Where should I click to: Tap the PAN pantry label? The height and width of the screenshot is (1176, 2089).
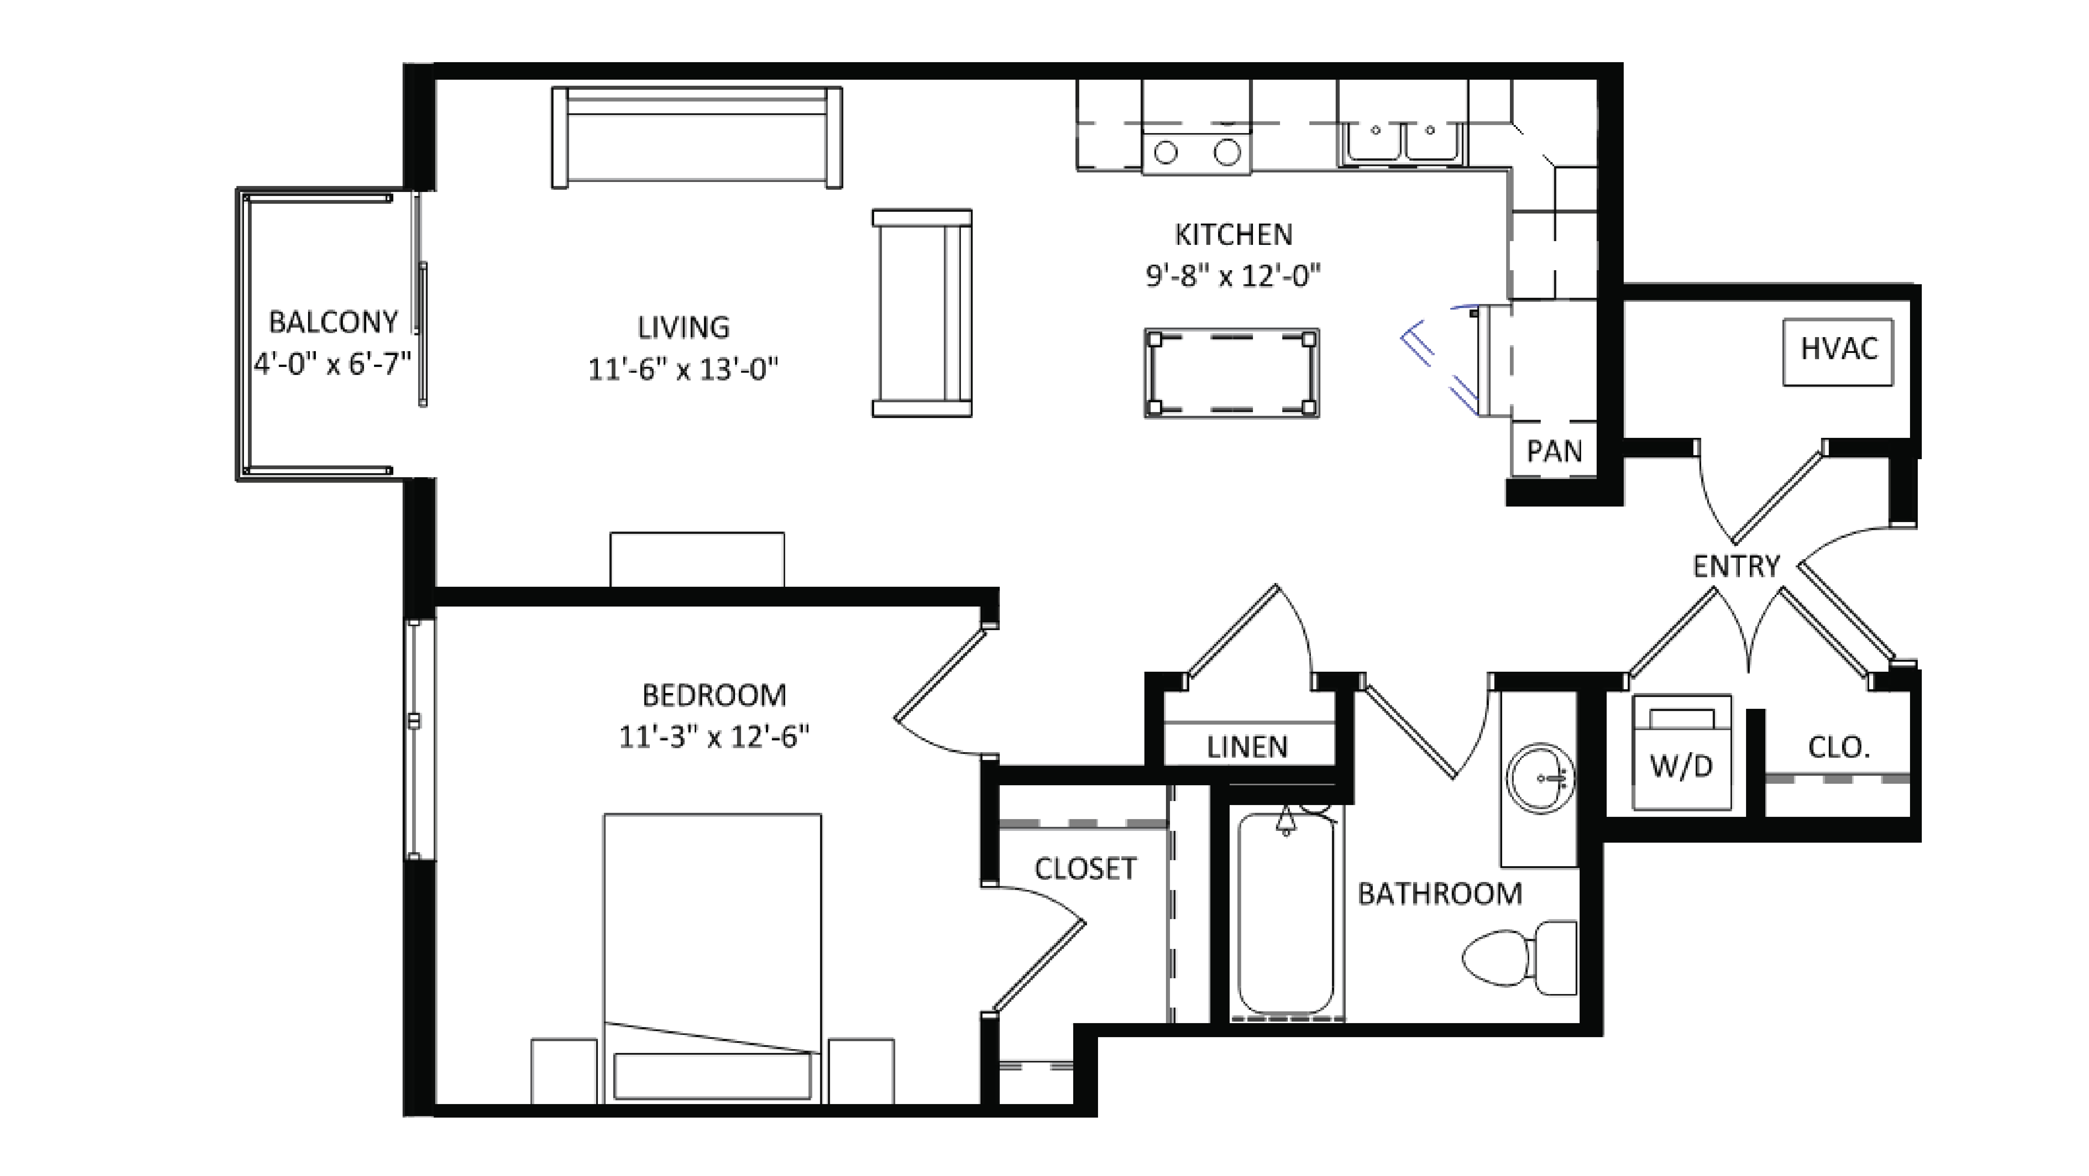tap(1554, 451)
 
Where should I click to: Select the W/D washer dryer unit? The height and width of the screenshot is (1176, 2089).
tap(1682, 753)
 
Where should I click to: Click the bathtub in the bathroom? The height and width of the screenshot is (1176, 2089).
tap(1286, 915)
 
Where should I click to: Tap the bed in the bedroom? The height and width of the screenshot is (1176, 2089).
tap(712, 957)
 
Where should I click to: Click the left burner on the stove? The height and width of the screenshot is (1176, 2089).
tap(1165, 152)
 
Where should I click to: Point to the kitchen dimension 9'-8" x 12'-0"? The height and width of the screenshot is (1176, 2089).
tap(1233, 276)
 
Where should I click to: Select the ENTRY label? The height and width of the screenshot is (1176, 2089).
tap(1736, 566)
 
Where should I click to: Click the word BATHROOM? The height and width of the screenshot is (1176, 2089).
tap(1439, 894)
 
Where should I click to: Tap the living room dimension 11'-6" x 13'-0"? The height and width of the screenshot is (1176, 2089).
tap(683, 370)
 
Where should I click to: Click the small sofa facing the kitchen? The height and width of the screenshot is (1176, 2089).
tap(922, 313)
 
